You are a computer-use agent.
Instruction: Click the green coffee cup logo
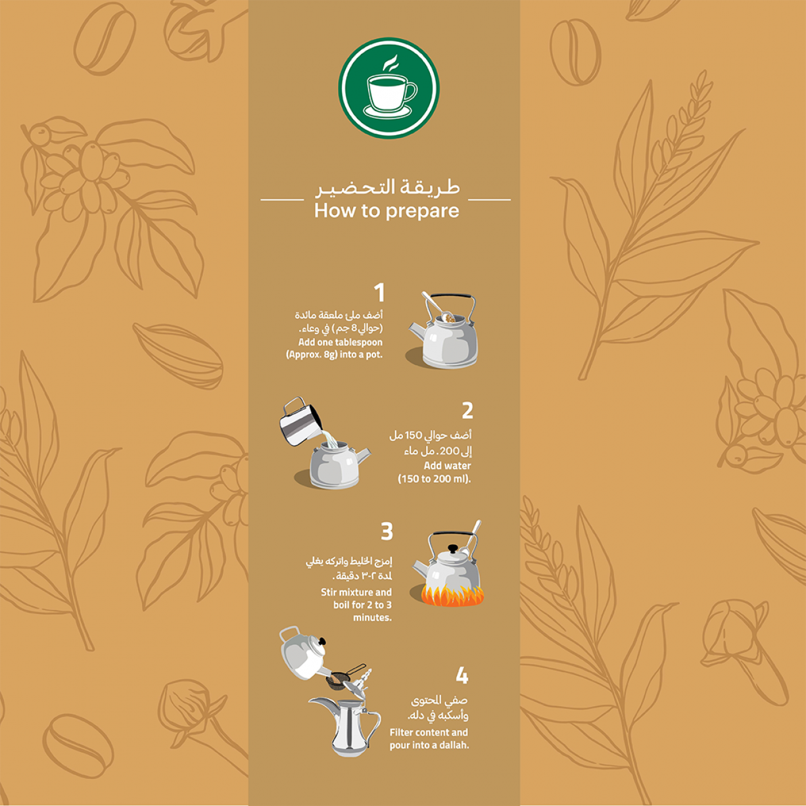tap(389, 88)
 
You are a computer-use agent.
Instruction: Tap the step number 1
tap(379, 292)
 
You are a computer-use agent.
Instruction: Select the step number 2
tap(467, 410)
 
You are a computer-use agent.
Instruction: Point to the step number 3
tap(387, 531)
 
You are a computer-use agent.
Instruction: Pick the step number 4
tap(462, 675)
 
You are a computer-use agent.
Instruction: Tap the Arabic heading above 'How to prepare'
tap(387, 187)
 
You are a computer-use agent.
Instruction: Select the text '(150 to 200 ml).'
tap(434, 479)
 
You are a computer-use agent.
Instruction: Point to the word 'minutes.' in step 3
tap(372, 617)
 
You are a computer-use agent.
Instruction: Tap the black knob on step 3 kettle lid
tap(452, 549)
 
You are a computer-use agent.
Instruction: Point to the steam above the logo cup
tap(390, 62)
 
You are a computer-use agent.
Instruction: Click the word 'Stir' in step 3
tap(329, 592)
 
